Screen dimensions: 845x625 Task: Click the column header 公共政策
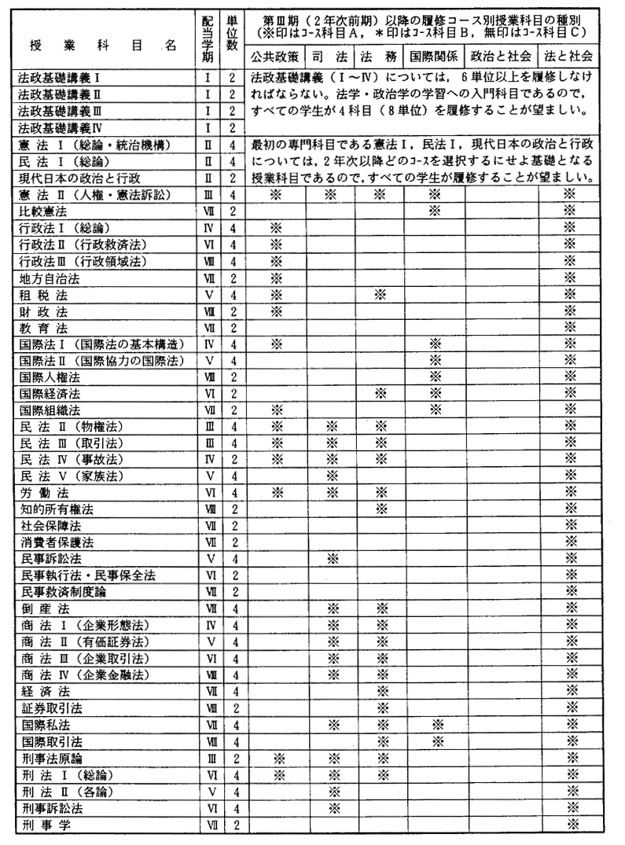(x=275, y=57)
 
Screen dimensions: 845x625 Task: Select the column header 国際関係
(x=433, y=57)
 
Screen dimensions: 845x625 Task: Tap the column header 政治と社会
(x=500, y=57)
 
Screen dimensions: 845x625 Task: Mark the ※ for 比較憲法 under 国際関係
(x=433, y=212)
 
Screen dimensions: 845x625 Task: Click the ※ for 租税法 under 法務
(x=381, y=294)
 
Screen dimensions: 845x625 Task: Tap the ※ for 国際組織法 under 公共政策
(x=275, y=410)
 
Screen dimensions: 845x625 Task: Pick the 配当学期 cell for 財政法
(x=209, y=310)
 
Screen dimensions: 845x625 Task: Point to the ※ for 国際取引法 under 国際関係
(x=433, y=741)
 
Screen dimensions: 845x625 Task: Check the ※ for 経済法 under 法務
(x=381, y=692)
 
